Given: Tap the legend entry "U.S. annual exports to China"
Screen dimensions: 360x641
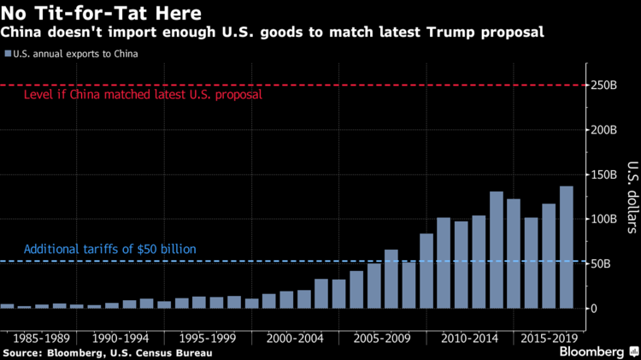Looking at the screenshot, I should pos(75,54).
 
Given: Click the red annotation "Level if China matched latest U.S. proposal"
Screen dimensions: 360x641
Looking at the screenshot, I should pos(143,95).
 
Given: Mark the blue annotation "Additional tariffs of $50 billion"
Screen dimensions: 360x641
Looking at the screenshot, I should pos(110,249).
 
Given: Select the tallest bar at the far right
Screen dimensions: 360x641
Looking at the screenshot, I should pos(567,247).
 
